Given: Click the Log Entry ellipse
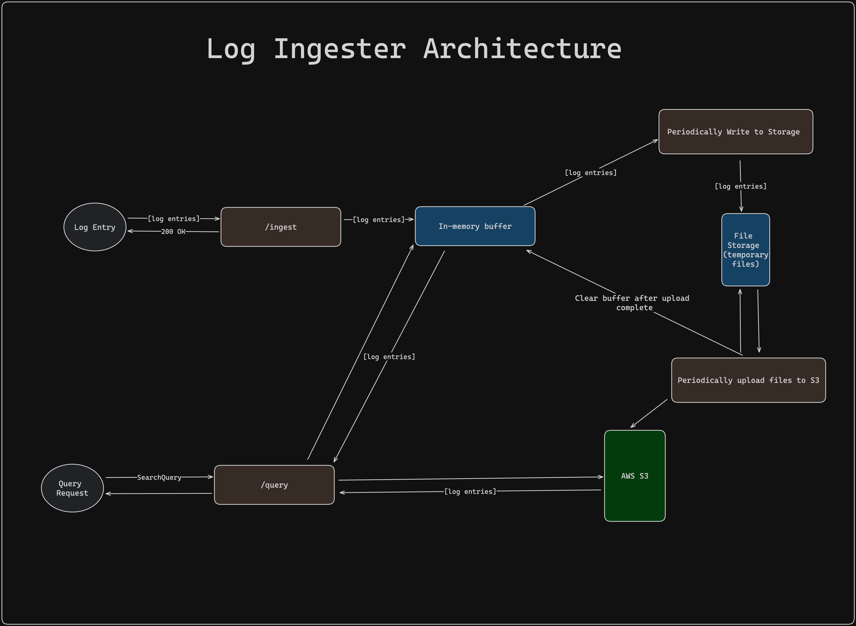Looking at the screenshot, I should (x=95, y=227).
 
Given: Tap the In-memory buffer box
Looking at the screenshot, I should (x=475, y=226).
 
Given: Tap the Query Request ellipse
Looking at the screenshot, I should (x=72, y=488).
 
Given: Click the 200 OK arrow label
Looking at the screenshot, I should (x=173, y=232).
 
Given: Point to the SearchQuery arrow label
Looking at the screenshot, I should (x=159, y=477).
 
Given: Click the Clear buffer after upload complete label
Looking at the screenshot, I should (x=632, y=303).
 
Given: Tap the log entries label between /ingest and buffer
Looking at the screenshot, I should (x=378, y=220).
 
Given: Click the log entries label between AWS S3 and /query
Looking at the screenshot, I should (x=470, y=491).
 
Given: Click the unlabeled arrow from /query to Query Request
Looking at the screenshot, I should (x=159, y=493).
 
